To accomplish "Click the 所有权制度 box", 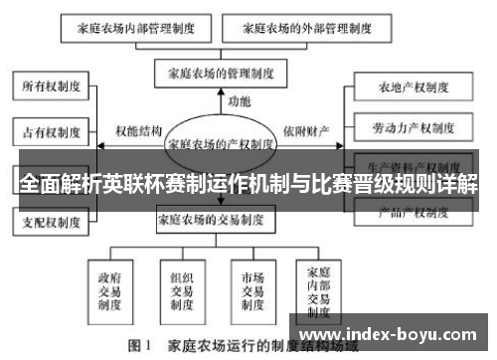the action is tap(50, 87).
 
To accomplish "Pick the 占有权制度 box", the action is tap(50, 129).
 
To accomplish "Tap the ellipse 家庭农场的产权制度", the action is tap(221, 143).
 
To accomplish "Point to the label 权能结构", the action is tap(137, 131).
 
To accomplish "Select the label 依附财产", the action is tap(305, 131).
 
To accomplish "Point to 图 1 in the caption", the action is tap(138, 348).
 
